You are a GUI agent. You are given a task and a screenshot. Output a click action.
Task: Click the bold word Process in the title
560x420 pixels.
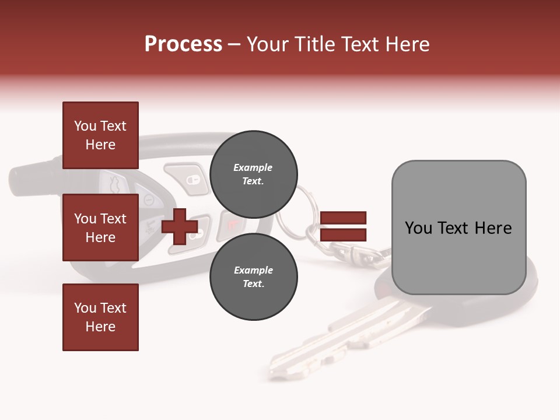[x=183, y=44]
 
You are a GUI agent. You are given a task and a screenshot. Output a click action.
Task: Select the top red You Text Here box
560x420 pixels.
[x=100, y=135]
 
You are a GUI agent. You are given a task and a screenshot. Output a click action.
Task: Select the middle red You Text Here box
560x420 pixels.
[x=100, y=228]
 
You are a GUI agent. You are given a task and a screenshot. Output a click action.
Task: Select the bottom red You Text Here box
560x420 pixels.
[x=100, y=317]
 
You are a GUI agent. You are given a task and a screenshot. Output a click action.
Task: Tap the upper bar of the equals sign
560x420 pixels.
[x=343, y=218]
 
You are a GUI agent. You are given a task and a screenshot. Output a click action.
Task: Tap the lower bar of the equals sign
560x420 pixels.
[x=343, y=235]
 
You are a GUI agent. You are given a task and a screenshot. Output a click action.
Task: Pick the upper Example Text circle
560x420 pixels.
[x=253, y=174]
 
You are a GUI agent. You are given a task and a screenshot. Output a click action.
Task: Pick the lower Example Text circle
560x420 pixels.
[x=253, y=277]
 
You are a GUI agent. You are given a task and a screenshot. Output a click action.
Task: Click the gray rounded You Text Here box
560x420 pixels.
[x=459, y=228]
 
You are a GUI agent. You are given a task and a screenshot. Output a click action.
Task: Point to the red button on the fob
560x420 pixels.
[x=229, y=225]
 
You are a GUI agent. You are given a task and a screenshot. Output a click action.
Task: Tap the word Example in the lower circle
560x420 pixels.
[x=253, y=270]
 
